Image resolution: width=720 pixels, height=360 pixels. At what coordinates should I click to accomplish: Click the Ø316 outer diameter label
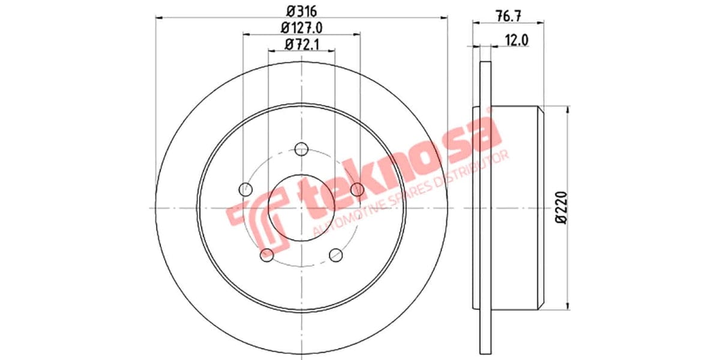click(301, 10)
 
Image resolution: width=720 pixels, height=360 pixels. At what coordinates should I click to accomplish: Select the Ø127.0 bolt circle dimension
click(301, 27)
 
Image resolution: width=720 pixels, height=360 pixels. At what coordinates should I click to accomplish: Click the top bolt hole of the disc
click(302, 149)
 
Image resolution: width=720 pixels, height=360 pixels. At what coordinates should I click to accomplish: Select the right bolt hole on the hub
click(358, 190)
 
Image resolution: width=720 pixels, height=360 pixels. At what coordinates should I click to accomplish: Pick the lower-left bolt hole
click(267, 255)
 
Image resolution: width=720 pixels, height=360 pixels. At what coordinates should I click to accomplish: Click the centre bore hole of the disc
click(301, 208)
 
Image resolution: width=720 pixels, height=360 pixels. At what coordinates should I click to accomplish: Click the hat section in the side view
click(516, 207)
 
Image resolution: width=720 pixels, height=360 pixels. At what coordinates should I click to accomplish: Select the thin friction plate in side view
click(486, 207)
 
